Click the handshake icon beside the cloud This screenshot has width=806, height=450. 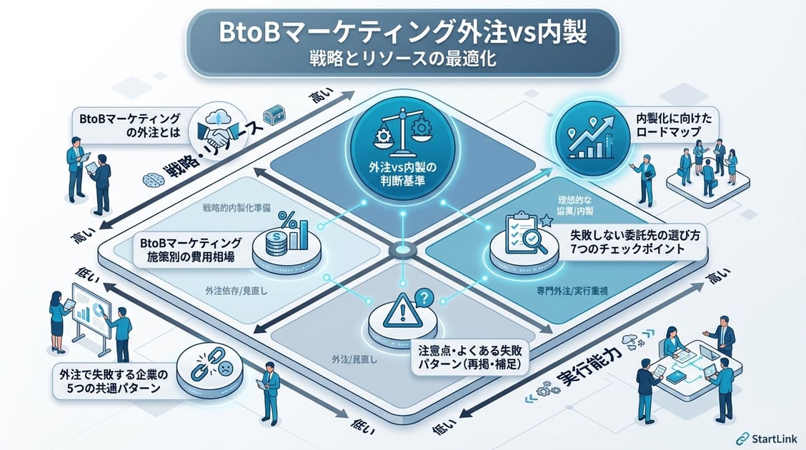tap(215, 130)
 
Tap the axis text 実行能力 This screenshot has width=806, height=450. tap(591, 376)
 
